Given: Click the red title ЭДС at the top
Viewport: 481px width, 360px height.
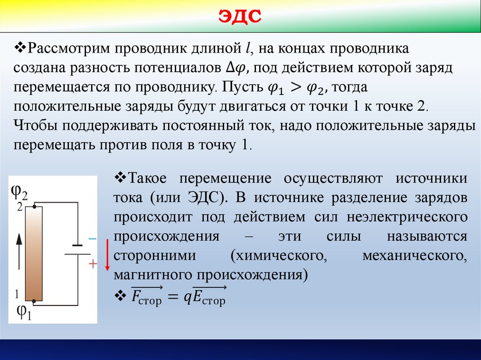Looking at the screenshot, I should click(240, 17).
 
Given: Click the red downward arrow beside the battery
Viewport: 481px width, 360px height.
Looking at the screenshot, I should click(107, 254).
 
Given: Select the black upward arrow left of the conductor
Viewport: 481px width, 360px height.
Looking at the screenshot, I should click(19, 251).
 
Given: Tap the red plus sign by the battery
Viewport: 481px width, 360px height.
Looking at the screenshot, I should click(93, 265).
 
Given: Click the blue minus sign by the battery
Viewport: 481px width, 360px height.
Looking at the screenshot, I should click(92, 239).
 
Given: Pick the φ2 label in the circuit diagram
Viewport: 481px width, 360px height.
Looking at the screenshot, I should click(19, 192).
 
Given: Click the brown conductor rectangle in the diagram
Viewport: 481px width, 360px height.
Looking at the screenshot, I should click(34, 253).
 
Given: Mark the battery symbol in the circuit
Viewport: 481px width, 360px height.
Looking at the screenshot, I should click(77, 250).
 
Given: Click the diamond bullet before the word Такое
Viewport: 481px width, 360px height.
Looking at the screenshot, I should click(118, 178).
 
